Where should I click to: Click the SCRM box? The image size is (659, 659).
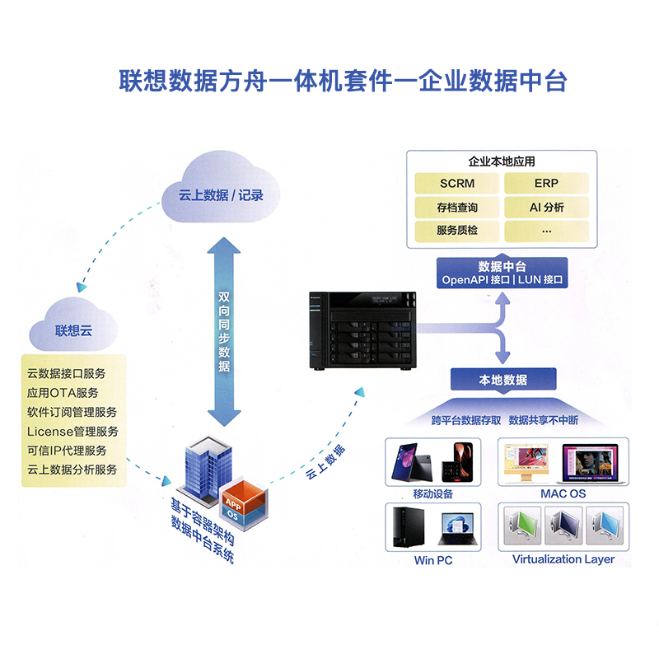point(457,183)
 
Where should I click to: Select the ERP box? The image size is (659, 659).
point(547,183)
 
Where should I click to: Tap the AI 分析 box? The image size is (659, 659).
point(547,207)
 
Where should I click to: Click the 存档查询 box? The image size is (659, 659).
point(457,207)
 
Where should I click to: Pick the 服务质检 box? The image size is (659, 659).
point(457,231)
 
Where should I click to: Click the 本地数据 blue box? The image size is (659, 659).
point(502,380)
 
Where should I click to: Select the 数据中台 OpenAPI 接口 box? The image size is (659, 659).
point(502,273)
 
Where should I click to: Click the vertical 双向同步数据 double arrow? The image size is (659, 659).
point(223,329)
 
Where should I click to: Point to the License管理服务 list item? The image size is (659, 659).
point(72,431)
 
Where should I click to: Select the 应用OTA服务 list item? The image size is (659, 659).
point(63,392)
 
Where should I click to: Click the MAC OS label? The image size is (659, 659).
point(563,493)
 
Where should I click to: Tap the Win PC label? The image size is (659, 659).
point(433,560)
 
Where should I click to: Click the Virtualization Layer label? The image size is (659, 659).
point(563,559)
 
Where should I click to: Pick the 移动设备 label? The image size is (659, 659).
point(433,493)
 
